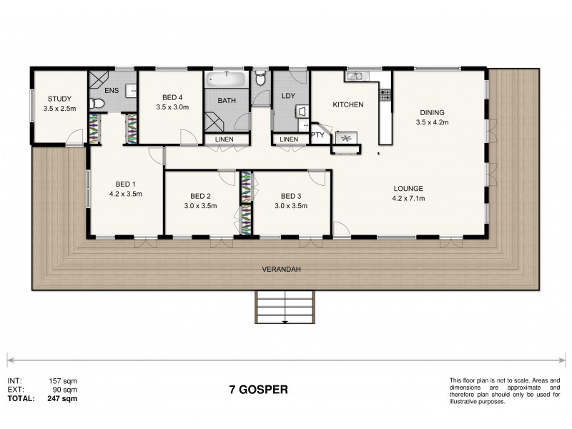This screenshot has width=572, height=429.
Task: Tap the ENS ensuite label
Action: (x=112, y=91)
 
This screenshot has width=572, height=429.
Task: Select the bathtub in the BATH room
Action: (x=226, y=79)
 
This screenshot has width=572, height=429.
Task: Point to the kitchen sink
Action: (x=354, y=77)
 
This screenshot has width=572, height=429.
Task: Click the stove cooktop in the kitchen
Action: (x=385, y=93)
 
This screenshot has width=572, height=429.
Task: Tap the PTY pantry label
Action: (x=318, y=134)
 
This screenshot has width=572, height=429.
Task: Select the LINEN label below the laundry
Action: (x=289, y=139)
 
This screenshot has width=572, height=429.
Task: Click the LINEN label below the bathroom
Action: (x=224, y=139)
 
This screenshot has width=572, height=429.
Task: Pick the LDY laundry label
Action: (x=289, y=95)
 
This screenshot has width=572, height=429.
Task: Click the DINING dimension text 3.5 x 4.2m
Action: (x=432, y=122)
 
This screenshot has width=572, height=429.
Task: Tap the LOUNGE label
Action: (x=408, y=189)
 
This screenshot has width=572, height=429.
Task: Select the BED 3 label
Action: (x=292, y=196)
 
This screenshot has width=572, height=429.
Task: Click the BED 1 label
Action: (x=120, y=182)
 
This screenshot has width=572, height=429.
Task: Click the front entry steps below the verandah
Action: (x=285, y=307)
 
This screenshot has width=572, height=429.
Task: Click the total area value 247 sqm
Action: (x=63, y=400)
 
